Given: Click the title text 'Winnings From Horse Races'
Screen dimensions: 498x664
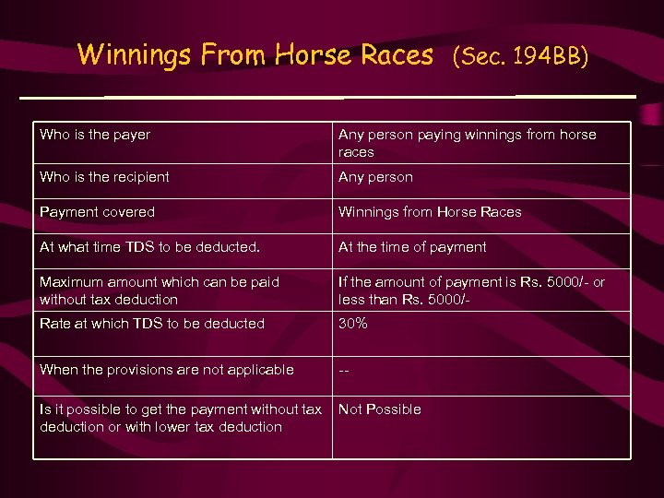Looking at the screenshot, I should coord(255,54).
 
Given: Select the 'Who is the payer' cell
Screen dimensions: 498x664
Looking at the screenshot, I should coord(95,135).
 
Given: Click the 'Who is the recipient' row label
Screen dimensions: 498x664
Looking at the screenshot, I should coord(104,177).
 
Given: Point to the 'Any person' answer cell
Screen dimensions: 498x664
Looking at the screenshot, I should coord(375,177).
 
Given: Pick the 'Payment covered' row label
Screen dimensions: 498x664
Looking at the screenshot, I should coord(97,212).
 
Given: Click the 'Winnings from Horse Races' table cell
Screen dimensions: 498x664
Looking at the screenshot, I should coord(430,212).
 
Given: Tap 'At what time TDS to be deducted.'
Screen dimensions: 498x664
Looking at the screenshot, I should coord(150,247).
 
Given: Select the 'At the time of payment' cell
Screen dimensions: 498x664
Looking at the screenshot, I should coord(412,247).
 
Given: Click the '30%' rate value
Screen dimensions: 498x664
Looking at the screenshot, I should coord(353,324).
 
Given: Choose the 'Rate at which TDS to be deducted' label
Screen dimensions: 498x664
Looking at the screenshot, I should coord(152,324).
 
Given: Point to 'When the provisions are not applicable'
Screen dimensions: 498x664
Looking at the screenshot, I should coord(167,370).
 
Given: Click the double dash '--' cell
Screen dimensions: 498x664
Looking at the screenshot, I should coord(344,370).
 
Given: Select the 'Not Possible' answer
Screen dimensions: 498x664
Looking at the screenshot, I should coord(380,409).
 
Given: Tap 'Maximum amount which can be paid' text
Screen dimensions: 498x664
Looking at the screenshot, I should coord(160,282).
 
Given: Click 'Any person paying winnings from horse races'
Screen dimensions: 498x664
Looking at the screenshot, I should coord(467,143).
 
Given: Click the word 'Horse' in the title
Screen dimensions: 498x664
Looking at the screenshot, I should coord(309,54).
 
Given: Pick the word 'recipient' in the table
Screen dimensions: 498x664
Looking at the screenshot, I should coord(137,177).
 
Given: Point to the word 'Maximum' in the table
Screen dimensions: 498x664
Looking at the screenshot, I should coord(71,282).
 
